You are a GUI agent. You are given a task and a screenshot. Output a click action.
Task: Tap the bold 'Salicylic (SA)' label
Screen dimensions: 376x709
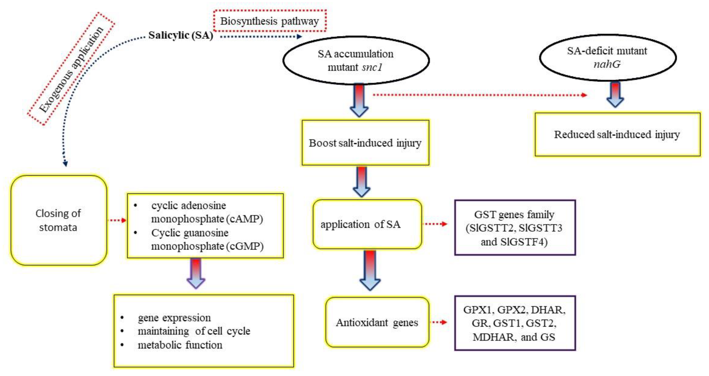pyautogui.click(x=181, y=35)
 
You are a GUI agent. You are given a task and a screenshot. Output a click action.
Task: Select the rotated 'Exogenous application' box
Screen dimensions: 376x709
pyautogui.click(x=71, y=69)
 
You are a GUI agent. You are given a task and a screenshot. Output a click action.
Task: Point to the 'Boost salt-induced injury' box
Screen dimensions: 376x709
pyautogui.click(x=365, y=143)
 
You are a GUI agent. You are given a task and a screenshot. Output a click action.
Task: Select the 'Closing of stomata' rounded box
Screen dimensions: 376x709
pyautogui.click(x=58, y=220)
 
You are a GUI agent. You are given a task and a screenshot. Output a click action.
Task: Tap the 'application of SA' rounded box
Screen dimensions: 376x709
pyautogui.click(x=367, y=224)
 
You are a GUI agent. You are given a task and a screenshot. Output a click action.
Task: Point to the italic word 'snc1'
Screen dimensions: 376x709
pyautogui.click(x=372, y=67)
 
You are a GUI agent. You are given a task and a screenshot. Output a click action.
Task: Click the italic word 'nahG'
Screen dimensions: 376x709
pyautogui.click(x=607, y=64)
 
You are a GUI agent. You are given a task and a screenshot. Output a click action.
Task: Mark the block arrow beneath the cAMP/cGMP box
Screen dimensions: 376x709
pyautogui.click(x=196, y=273)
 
